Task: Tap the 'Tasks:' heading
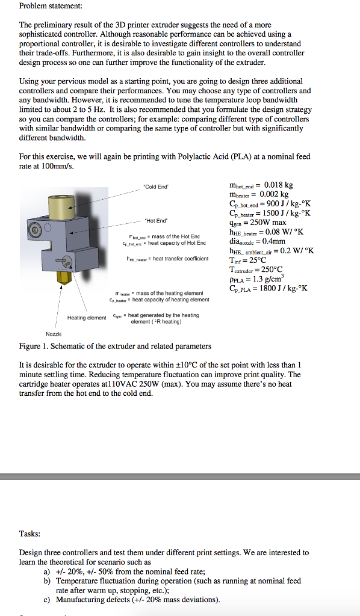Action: pyautogui.click(x=30, y=534)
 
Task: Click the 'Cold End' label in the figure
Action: pyautogui.click(x=156, y=187)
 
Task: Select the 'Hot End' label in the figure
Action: pyautogui.click(x=156, y=220)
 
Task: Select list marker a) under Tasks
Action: pyautogui.click(x=48, y=571)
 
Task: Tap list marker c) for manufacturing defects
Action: pyautogui.click(x=48, y=599)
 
